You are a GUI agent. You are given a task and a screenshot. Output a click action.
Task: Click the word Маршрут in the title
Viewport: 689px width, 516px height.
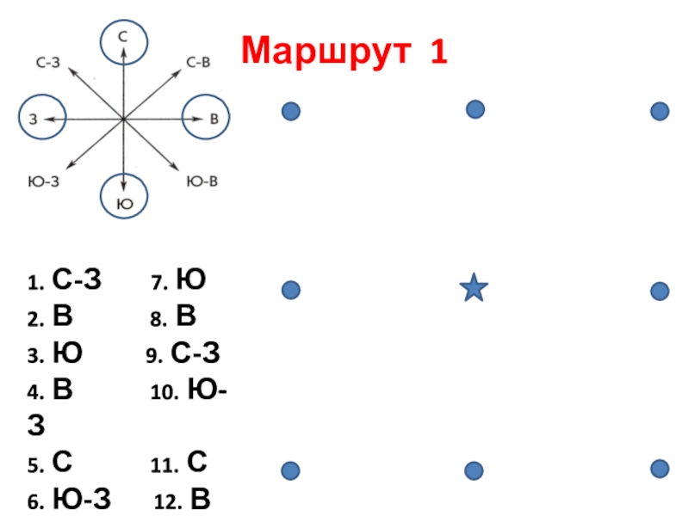click(x=323, y=51)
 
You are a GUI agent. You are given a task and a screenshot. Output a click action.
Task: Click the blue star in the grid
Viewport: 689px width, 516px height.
click(x=474, y=288)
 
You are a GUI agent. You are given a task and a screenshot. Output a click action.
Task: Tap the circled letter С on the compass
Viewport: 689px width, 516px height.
click(x=123, y=39)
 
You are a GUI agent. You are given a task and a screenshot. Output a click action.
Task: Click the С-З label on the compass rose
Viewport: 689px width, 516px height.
click(x=49, y=63)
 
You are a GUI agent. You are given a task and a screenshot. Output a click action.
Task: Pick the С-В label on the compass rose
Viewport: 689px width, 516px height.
click(x=200, y=63)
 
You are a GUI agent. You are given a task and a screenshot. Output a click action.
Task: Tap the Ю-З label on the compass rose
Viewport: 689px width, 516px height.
click(x=44, y=181)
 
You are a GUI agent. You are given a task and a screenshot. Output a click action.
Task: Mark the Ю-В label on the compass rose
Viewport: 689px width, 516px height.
click(x=202, y=181)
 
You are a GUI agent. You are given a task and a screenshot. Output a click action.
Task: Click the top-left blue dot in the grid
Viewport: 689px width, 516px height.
click(x=291, y=111)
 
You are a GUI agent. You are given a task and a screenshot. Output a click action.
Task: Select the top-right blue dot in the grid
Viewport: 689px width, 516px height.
click(x=660, y=111)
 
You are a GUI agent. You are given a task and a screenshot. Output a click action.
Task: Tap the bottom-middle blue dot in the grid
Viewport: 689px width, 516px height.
click(x=474, y=470)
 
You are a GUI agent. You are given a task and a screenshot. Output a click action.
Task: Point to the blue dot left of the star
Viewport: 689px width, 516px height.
click(x=291, y=291)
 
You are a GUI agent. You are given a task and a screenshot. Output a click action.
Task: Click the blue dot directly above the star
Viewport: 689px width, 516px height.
click(x=475, y=109)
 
